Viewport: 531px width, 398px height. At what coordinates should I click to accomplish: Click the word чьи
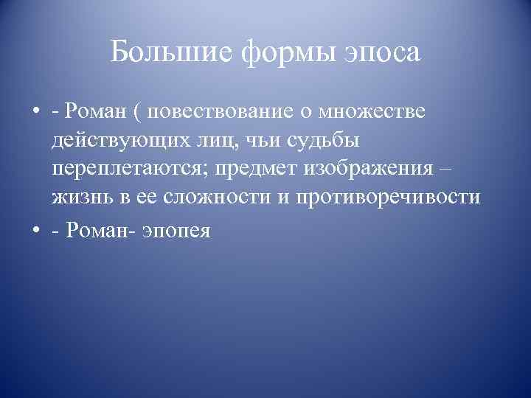point(259,141)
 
